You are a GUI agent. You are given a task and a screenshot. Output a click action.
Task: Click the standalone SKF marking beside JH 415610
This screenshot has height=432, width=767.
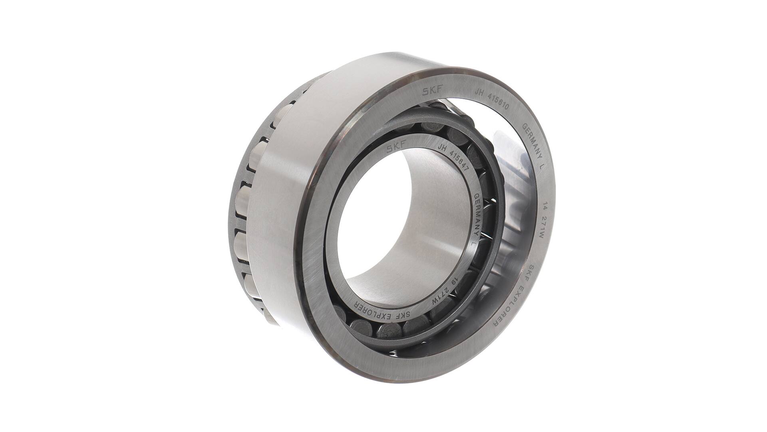(x=433, y=91)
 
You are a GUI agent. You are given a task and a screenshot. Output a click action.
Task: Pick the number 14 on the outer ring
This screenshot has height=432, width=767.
(x=544, y=208)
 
